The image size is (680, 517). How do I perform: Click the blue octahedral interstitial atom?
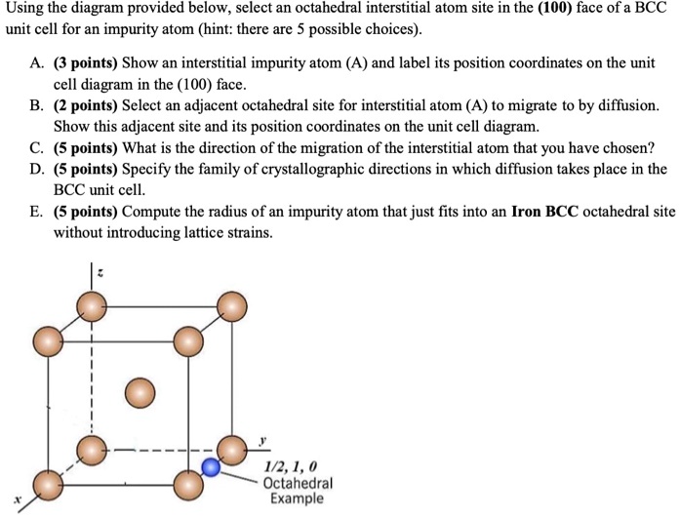pyautogui.click(x=210, y=466)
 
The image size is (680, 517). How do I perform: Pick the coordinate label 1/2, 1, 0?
pyautogui.click(x=292, y=466)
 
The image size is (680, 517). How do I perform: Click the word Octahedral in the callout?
pyautogui.click(x=298, y=483)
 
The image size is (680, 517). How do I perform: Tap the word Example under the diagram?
pyautogui.click(x=297, y=498)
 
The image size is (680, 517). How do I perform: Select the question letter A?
pyautogui.click(x=36, y=64)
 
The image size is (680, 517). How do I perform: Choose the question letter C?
pyautogui.click(x=36, y=148)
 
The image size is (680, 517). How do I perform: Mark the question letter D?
pyautogui.click(x=36, y=169)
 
